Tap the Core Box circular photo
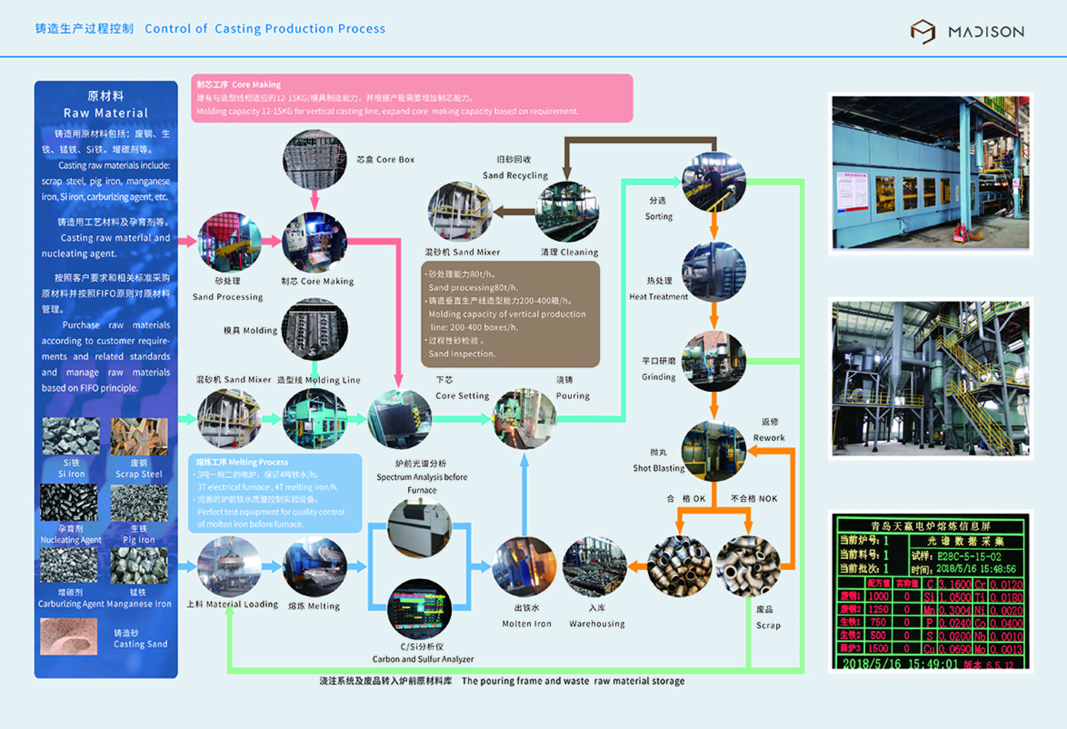[315, 159]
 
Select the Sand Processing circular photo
[229, 242]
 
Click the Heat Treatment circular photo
[713, 272]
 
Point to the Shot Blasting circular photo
[713, 451]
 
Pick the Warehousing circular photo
[595, 566]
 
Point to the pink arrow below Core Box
[315, 200]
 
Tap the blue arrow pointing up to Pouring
[524, 491]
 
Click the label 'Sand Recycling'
[515, 175]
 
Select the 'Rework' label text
[769, 437]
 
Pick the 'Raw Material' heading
[106, 113]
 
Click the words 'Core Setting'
[462, 396]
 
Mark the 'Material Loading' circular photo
[229, 566]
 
